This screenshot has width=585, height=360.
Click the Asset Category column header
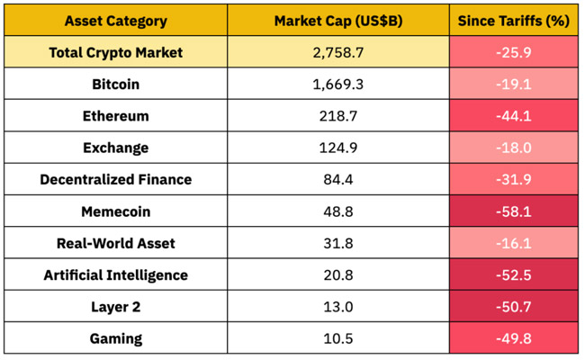[115, 20]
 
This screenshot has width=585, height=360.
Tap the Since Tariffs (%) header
[514, 20]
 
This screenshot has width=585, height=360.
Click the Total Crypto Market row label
[115, 52]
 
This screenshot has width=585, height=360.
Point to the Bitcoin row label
[115, 85]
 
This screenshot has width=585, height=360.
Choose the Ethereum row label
[115, 116]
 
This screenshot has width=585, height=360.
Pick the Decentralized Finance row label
[115, 179]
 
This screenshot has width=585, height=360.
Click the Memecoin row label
[115, 211]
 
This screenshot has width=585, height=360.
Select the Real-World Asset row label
[115, 243]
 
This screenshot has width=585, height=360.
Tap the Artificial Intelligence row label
[115, 274]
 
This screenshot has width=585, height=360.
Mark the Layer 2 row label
[115, 307]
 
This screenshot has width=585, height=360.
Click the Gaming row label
[115, 338]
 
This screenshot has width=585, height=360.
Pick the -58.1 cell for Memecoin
[514, 211]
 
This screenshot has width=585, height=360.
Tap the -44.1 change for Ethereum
[514, 116]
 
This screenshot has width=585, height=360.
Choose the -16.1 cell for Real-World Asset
[514, 243]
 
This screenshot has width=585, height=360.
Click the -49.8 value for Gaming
[514, 338]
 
